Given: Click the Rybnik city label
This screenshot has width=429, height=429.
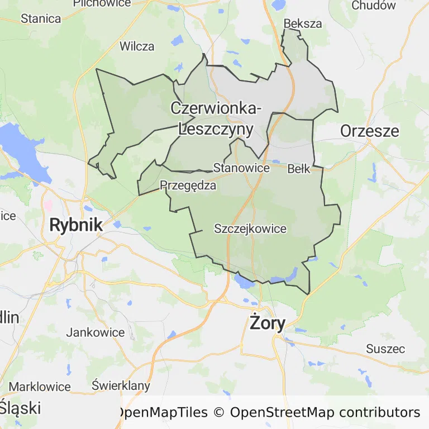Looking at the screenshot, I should coord(76,225).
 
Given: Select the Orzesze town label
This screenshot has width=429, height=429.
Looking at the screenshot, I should coord(370,131).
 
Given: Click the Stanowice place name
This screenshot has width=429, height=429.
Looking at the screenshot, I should coord(241,168).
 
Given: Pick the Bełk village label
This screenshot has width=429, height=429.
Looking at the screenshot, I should coord(299,169).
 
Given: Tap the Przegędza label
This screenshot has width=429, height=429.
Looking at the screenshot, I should coord(188,185).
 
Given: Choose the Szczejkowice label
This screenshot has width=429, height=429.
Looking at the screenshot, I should coord(250,229).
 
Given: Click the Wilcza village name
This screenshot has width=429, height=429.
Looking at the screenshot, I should coord(137,46).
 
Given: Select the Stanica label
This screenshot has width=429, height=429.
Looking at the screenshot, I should coord(41,18).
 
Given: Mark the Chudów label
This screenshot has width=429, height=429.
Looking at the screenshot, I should coord(374,6).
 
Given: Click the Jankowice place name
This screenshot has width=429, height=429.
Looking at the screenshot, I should coord(96,332).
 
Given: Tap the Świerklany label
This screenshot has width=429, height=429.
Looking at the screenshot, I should coord(121,385).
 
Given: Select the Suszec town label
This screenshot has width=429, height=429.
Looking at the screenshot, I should coord(385,349).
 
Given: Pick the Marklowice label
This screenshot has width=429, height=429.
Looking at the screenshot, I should coord(40,387).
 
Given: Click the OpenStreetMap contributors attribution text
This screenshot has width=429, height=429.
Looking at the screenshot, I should coord(325,413).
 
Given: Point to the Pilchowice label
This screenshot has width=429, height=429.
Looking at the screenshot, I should coord(102,3).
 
